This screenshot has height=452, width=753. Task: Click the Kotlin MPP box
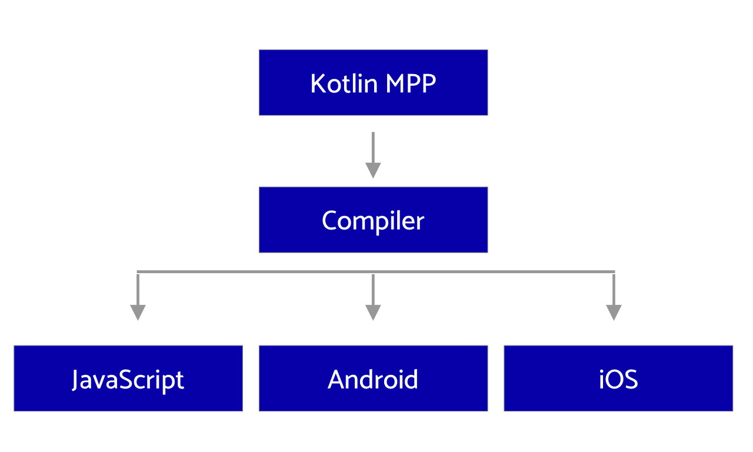(x=373, y=83)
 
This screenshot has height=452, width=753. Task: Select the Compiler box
(x=373, y=220)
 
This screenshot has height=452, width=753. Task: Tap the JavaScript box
(x=128, y=378)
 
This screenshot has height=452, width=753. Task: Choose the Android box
(x=373, y=378)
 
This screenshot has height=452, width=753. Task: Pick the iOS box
(x=618, y=378)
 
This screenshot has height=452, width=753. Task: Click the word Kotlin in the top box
(x=344, y=83)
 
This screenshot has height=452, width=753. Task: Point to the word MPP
(x=411, y=84)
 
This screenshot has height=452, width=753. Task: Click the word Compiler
(x=373, y=221)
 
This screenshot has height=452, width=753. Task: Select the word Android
(x=373, y=380)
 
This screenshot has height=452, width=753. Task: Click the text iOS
(x=618, y=380)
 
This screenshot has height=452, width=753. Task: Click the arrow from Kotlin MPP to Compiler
(x=373, y=155)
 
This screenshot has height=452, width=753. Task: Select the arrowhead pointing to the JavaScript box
(x=138, y=312)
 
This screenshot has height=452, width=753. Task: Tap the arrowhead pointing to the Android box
(x=373, y=312)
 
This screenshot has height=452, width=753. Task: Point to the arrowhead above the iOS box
(x=614, y=312)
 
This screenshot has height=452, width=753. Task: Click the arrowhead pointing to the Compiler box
(x=373, y=170)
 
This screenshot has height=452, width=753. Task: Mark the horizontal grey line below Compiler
(x=376, y=272)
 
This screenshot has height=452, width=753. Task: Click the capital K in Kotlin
(x=318, y=84)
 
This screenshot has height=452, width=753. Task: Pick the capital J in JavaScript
(x=76, y=380)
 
